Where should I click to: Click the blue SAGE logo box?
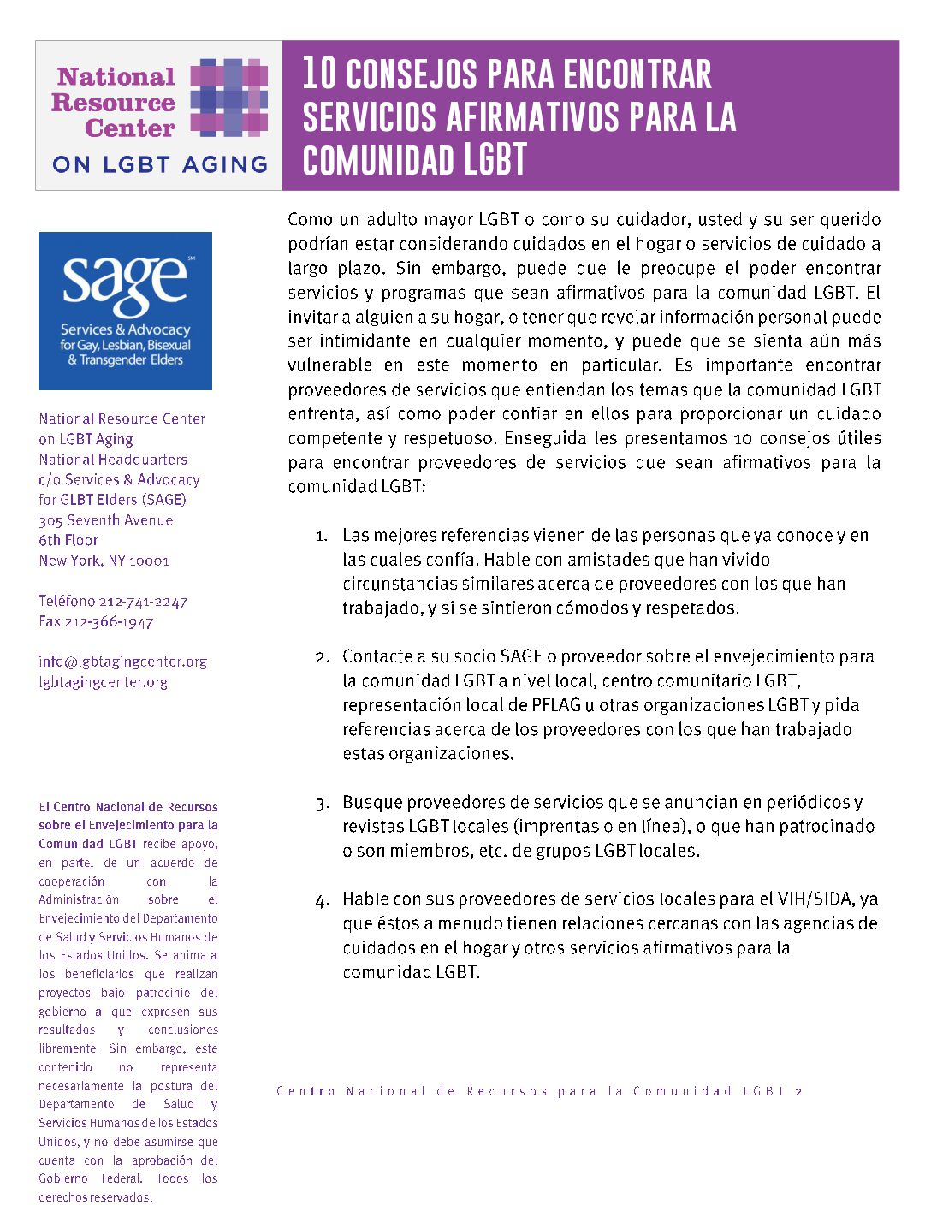pos(125,311)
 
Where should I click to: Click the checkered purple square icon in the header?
pos(228,98)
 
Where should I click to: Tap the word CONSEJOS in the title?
pos(411,74)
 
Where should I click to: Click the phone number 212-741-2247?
pos(143,602)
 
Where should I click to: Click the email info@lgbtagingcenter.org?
pos(122,662)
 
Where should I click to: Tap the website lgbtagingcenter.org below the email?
pos(103,682)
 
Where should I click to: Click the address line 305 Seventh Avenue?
pos(105,520)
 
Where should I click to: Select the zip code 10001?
pos(150,561)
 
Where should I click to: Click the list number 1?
pos(321,537)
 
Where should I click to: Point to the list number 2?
pos(322,657)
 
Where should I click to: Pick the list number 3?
pos(322,804)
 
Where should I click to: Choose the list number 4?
pos(322,900)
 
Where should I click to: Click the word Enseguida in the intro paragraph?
pos(545,438)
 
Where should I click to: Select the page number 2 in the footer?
pos(798,1091)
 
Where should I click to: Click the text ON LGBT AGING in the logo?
pos(159,164)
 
